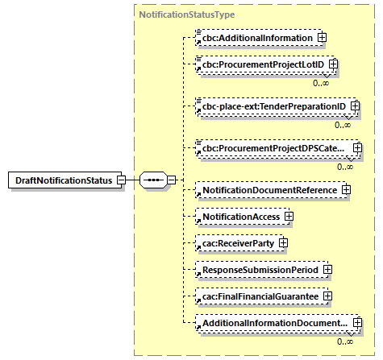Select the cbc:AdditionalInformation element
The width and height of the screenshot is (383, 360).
click(256, 37)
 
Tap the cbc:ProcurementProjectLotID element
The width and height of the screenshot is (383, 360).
click(261, 64)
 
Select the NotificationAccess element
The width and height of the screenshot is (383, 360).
click(239, 217)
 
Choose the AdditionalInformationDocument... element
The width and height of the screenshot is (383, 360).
click(275, 323)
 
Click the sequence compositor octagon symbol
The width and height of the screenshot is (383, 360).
click(152, 180)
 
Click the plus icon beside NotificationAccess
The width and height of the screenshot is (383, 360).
click(288, 217)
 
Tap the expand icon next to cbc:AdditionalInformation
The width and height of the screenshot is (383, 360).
click(322, 37)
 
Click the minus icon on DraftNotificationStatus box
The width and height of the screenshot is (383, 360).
click(120, 180)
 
